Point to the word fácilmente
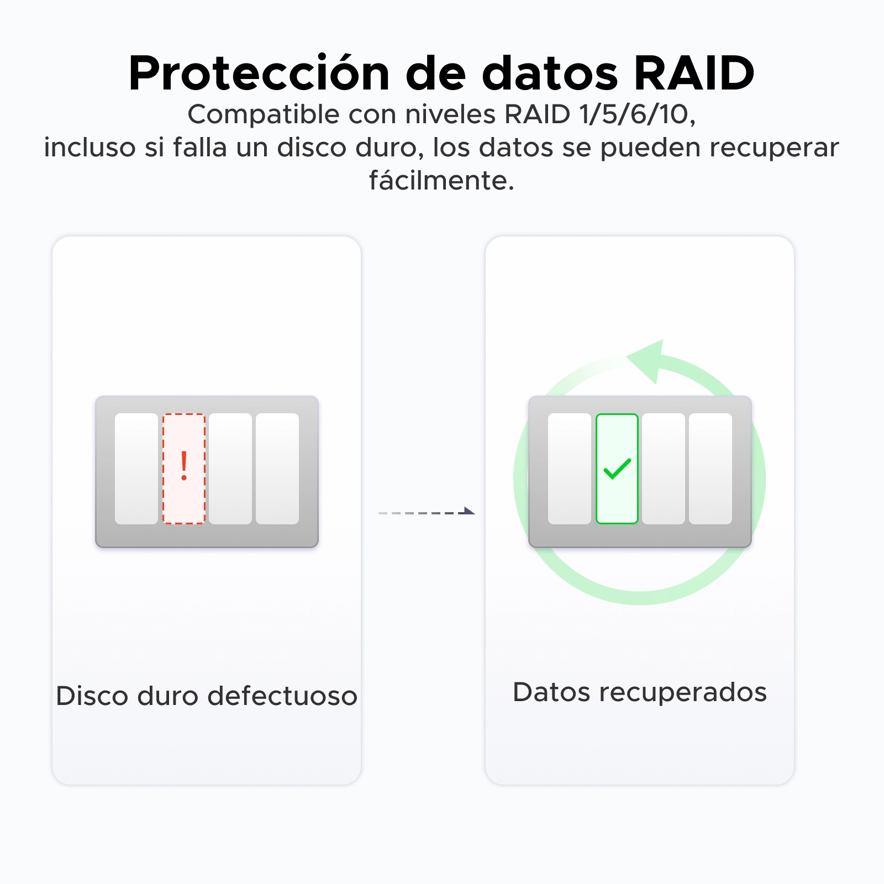coord(442,180)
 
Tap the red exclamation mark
coord(184,466)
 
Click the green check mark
coord(617,469)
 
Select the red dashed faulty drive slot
coord(184,469)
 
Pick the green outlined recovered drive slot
coord(617,469)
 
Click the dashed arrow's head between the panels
coord(469,511)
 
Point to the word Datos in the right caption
coord(551,692)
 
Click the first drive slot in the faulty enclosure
coord(136,469)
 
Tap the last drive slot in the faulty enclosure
coord(277,469)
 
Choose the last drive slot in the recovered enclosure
coord(711,469)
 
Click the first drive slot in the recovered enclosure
coord(570,469)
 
